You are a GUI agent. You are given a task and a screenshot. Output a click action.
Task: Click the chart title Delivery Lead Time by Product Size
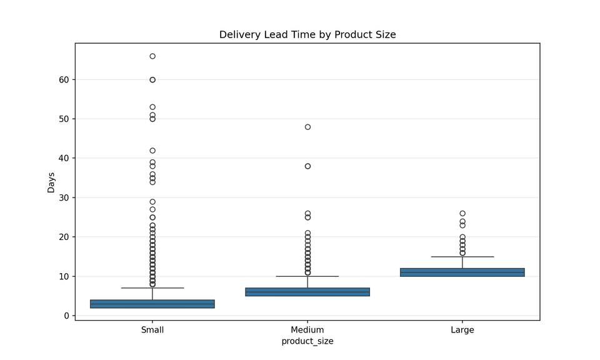[307, 35]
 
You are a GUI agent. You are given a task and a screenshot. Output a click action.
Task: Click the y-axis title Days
[51, 182]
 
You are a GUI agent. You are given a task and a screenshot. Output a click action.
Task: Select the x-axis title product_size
[307, 341]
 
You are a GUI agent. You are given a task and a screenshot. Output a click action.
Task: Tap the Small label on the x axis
[152, 330]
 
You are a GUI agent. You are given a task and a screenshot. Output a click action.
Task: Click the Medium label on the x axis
[307, 330]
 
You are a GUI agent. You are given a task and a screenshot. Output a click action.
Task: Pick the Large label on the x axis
[462, 330]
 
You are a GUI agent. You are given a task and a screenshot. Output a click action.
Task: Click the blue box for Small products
[152, 304]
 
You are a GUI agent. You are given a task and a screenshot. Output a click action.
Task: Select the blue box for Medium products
[307, 292]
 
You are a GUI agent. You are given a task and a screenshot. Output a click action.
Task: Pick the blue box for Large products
[462, 272]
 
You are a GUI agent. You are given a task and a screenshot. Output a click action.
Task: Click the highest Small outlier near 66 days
[152, 56]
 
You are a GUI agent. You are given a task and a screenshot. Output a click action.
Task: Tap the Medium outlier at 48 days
[307, 127]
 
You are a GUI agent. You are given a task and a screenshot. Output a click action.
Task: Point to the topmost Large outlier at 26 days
[462, 214]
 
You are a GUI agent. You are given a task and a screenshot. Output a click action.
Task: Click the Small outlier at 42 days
[152, 151]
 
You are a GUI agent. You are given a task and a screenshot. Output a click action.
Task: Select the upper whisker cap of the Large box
[462, 257]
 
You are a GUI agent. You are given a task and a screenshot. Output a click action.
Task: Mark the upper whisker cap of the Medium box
[307, 276]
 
